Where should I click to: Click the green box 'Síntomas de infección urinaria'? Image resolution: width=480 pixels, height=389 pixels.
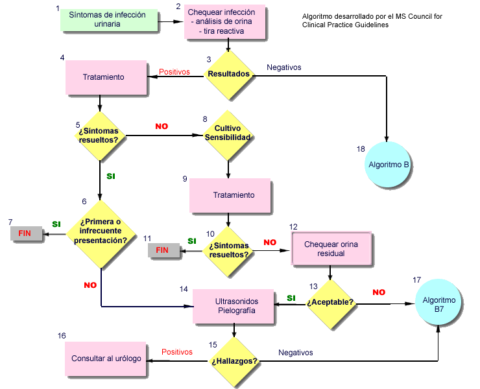pyautogui.click(x=109, y=20)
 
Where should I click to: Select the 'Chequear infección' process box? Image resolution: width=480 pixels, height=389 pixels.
pyautogui.click(x=224, y=22)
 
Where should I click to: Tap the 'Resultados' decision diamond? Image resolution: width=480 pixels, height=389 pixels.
pyautogui.click(x=229, y=75)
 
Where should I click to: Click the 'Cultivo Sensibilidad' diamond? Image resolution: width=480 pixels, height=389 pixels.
pyautogui.click(x=228, y=136)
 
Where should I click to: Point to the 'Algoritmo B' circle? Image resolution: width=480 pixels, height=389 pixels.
pyautogui.click(x=387, y=165)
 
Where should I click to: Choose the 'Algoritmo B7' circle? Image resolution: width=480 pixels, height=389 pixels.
pyautogui.click(x=438, y=301)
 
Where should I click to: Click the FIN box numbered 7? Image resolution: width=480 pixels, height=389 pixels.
pyautogui.click(x=26, y=233)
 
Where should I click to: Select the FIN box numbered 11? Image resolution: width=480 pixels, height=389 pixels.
pyautogui.click(x=163, y=250)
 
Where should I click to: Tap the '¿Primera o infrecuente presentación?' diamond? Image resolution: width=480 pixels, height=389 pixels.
pyautogui.click(x=101, y=234)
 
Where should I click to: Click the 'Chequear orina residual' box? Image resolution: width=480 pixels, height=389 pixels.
pyautogui.click(x=331, y=248)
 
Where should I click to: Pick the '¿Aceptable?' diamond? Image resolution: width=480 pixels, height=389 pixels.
pyautogui.click(x=331, y=304)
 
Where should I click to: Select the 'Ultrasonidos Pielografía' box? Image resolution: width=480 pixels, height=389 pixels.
pyautogui.click(x=234, y=306)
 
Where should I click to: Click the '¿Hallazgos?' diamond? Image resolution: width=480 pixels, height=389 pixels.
pyautogui.click(x=234, y=362)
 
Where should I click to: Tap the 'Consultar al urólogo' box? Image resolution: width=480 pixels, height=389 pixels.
pyautogui.click(x=105, y=359)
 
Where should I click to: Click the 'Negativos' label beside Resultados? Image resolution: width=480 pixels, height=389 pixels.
pyautogui.click(x=283, y=67)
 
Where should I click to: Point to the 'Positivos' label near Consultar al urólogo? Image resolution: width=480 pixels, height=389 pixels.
pyautogui.click(x=177, y=352)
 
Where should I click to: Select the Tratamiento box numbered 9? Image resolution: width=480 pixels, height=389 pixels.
pyautogui.click(x=230, y=195)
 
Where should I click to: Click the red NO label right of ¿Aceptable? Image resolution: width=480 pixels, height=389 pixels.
pyautogui.click(x=379, y=292)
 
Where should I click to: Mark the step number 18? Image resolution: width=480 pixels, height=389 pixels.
pyautogui.click(x=361, y=149)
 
